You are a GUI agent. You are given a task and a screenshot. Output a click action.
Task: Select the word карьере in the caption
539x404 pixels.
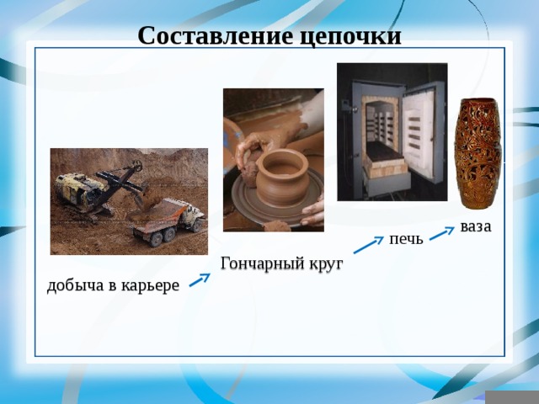[x=151, y=286]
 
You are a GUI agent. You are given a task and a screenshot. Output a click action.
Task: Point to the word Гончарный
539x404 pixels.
[x=263, y=263]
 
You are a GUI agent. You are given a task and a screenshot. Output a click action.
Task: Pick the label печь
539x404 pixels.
[x=406, y=239]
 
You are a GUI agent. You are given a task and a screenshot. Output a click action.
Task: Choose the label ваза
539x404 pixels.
[x=476, y=227]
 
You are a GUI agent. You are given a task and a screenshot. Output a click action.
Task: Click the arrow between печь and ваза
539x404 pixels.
[x=442, y=233]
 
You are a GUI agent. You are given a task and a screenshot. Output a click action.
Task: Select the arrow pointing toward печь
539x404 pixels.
[x=369, y=245]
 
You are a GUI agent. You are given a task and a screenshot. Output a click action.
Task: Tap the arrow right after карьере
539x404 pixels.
[x=200, y=279]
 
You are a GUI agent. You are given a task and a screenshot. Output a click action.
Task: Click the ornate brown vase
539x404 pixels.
[x=477, y=153]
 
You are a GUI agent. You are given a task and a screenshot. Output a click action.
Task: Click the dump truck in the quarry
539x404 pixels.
[x=169, y=221]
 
